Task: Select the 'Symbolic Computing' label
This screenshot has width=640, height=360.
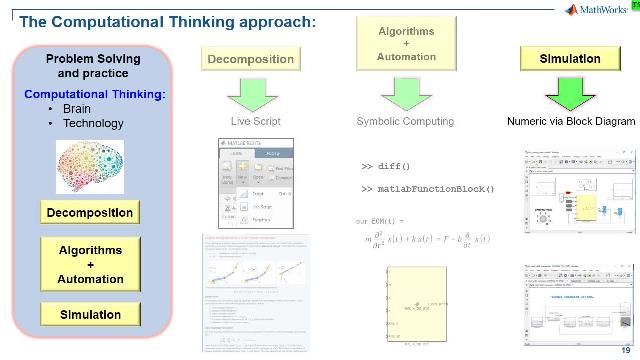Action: [x=405, y=122]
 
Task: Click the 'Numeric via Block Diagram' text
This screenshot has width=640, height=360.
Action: [x=570, y=122]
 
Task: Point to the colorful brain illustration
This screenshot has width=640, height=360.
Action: [x=91, y=165]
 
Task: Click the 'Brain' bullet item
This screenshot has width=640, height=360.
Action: [x=76, y=109]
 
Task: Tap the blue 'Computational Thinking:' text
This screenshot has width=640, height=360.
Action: [x=95, y=94]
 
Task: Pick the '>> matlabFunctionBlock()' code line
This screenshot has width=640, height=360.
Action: [x=427, y=188]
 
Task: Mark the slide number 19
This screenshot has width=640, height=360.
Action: [x=626, y=349]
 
